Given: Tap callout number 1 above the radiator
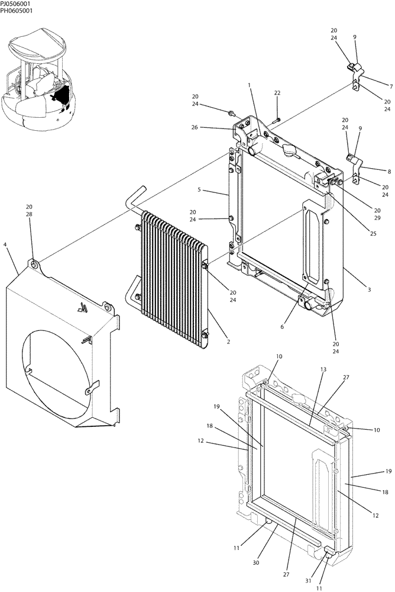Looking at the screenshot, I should [250, 85].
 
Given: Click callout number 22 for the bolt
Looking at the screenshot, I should [277, 94].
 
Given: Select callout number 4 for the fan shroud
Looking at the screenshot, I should [5, 243].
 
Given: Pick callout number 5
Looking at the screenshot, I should [199, 190].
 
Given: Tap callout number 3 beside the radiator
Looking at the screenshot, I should [369, 290].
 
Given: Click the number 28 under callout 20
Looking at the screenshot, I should [29, 215].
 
